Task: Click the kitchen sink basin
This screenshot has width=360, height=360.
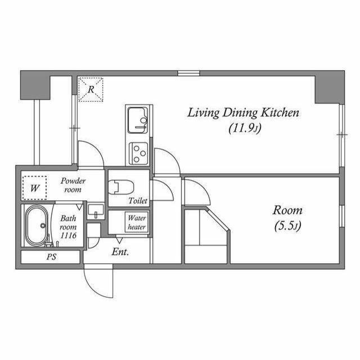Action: tap(138, 120)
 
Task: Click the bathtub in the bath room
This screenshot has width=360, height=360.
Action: tap(36, 226)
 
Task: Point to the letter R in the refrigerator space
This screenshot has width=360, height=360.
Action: tap(91, 89)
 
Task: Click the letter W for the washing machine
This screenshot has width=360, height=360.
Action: tap(35, 188)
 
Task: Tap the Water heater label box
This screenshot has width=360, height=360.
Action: tap(137, 222)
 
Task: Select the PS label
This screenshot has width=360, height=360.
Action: tap(51, 256)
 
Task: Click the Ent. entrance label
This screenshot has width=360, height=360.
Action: tap(120, 252)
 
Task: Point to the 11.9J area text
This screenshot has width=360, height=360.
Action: tap(245, 128)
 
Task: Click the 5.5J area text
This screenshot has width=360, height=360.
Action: tap(287, 226)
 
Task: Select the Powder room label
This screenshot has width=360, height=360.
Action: tap(73, 185)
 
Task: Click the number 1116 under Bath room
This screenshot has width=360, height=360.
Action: tap(68, 235)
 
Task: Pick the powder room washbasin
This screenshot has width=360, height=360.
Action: tap(96, 211)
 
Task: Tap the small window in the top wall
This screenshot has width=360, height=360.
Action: tap(188, 73)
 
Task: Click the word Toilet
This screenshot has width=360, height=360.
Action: tap(138, 201)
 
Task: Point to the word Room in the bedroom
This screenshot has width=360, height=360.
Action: tap(287, 210)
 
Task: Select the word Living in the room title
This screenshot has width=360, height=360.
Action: tap(204, 113)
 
